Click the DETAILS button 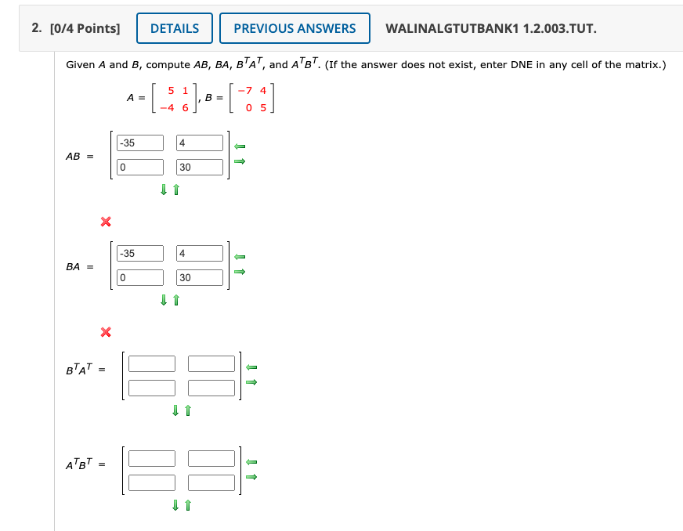[174, 29]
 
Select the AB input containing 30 [200, 167]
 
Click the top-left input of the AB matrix [140, 143]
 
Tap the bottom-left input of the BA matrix [140, 277]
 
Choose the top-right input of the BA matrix [200, 253]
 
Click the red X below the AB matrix [105, 222]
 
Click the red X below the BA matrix [105, 333]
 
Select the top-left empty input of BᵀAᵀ [152, 363]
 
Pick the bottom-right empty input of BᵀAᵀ [211, 388]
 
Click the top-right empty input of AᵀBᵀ [211, 458]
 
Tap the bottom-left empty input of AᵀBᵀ [152, 482]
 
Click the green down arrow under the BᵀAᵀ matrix [176, 410]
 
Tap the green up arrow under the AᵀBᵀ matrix [189, 505]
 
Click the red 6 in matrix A [185, 107]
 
